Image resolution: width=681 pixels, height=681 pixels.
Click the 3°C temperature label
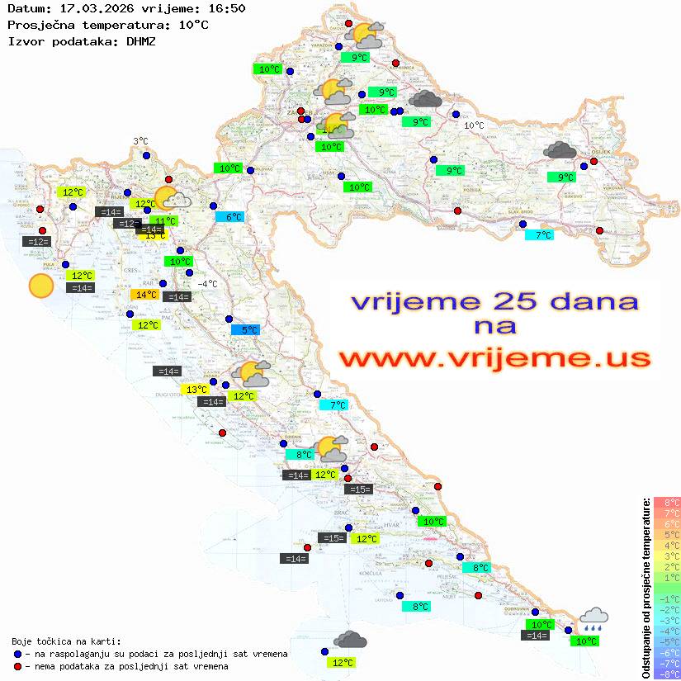click(140, 141)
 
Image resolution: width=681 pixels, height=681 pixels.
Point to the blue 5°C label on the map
click(245, 330)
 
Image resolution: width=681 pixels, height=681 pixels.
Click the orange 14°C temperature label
click(145, 295)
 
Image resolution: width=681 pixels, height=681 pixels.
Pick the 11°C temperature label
click(164, 220)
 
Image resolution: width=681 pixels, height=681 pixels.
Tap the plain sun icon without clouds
click(40, 286)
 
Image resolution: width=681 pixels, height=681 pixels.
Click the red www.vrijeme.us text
click(494, 358)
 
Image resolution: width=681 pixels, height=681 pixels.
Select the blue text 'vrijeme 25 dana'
click(494, 301)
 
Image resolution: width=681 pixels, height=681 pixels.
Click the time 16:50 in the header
click(226, 9)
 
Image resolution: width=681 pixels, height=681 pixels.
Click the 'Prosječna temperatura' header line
click(107, 25)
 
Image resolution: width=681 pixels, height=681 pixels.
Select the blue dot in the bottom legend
click(18, 654)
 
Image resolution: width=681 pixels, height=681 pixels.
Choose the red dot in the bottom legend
click(18, 666)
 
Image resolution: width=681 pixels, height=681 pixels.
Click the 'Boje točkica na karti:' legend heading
click(66, 641)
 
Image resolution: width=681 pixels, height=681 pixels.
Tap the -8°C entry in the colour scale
click(666, 674)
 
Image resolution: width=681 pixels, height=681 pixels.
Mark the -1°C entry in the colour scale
click(666, 598)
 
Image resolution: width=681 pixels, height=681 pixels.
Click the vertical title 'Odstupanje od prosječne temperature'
click(645, 588)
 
